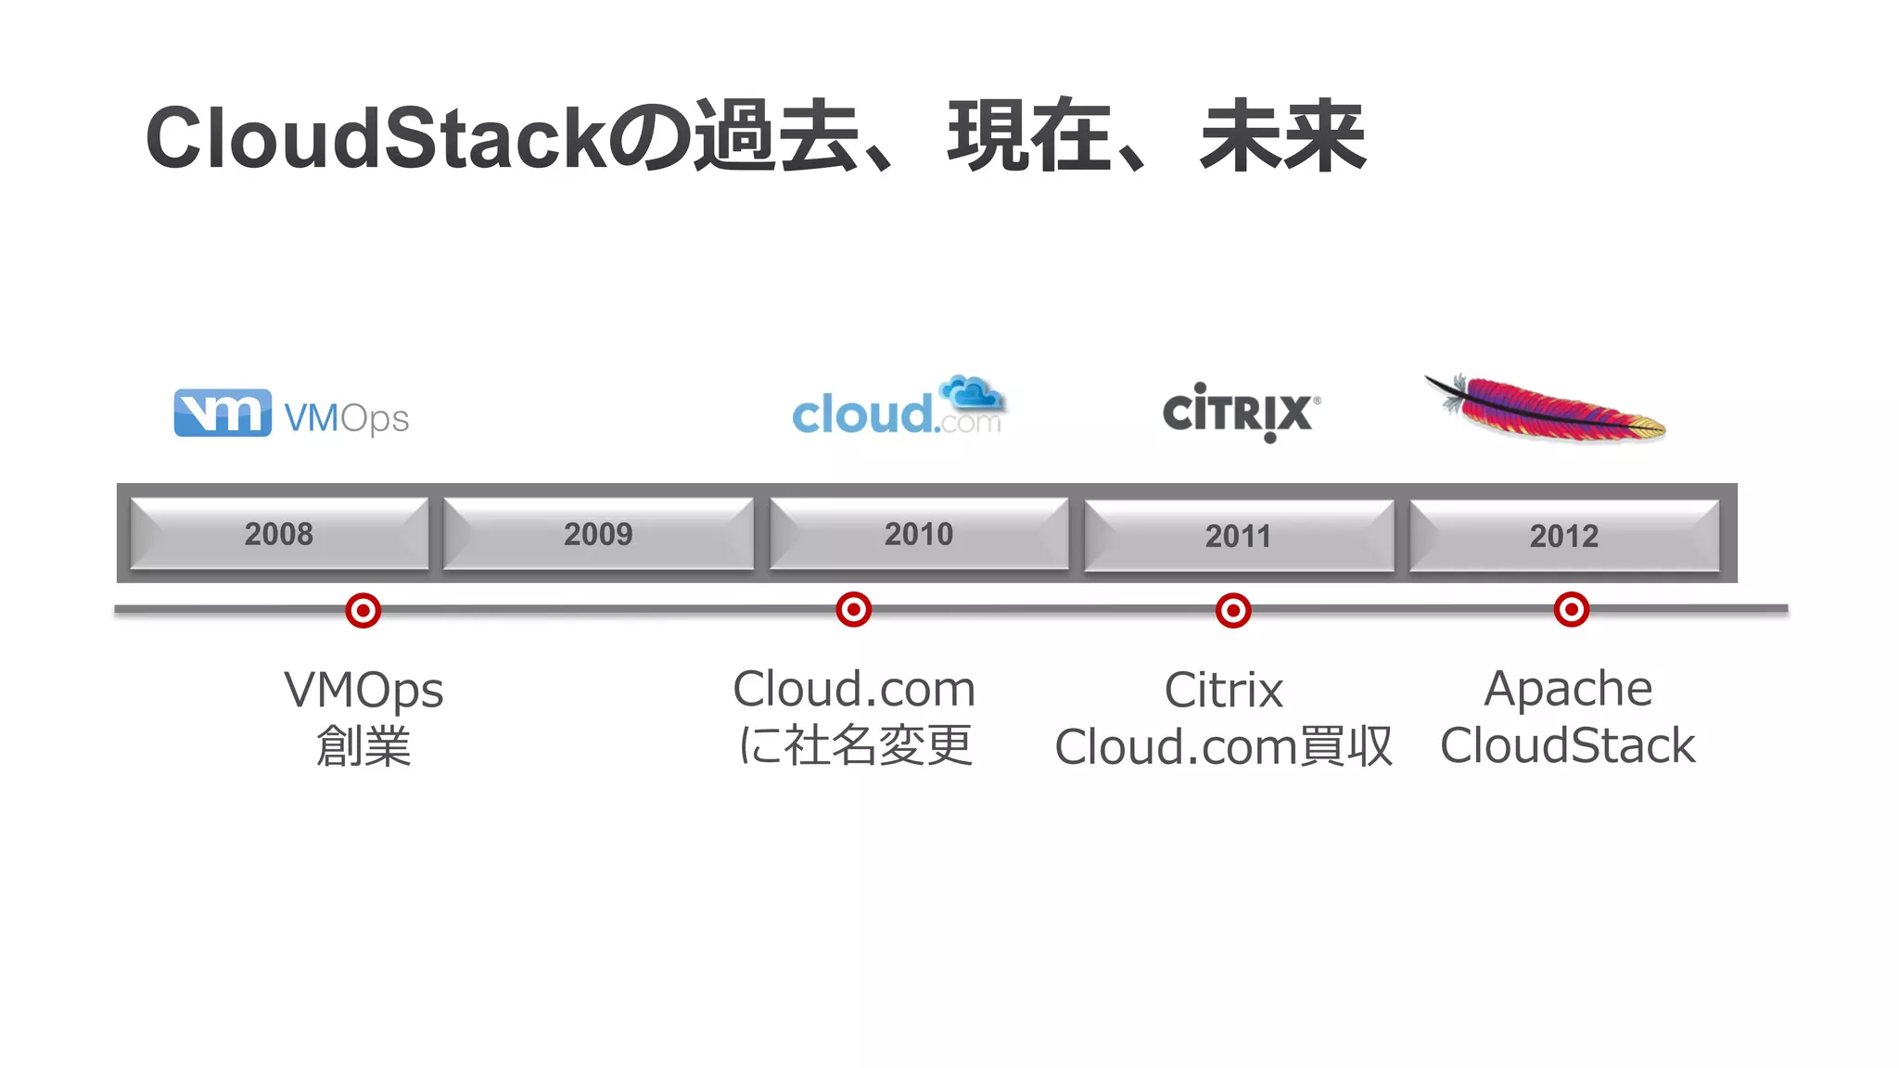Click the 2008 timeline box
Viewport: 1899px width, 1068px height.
pyautogui.click(x=279, y=534)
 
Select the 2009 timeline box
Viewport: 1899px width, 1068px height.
pyautogui.click(x=598, y=534)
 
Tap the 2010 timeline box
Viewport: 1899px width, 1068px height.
pyautogui.click(x=918, y=534)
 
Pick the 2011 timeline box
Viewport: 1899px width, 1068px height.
pyautogui.click(x=1238, y=536)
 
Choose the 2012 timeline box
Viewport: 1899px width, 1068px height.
pyautogui.click(x=1563, y=536)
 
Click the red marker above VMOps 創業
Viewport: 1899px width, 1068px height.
pyautogui.click(x=363, y=611)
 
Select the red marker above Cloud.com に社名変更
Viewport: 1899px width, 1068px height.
pyautogui.click(x=853, y=610)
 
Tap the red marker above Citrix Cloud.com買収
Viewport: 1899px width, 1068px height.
pyautogui.click(x=1233, y=611)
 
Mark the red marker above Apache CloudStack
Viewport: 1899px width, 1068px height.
pyautogui.click(x=1572, y=610)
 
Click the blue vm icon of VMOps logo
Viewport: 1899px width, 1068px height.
pyautogui.click(x=223, y=413)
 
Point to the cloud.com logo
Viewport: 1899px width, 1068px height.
pyautogui.click(x=898, y=408)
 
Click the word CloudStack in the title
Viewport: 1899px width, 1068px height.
pyautogui.click(x=376, y=139)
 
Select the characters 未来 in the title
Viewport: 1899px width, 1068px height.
pyautogui.click(x=1282, y=137)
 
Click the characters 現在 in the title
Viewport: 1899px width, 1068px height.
pyautogui.click(x=1029, y=137)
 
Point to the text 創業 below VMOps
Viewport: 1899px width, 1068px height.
pyautogui.click(x=363, y=746)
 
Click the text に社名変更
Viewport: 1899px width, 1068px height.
pyautogui.click(x=855, y=746)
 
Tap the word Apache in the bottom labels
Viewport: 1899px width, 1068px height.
pyautogui.click(x=1568, y=689)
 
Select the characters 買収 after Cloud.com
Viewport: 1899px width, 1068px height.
pyautogui.click(x=1346, y=746)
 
